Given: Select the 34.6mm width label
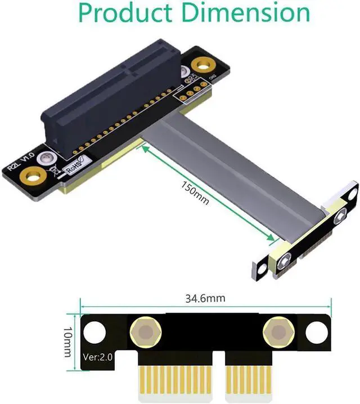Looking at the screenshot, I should tap(205, 299).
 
